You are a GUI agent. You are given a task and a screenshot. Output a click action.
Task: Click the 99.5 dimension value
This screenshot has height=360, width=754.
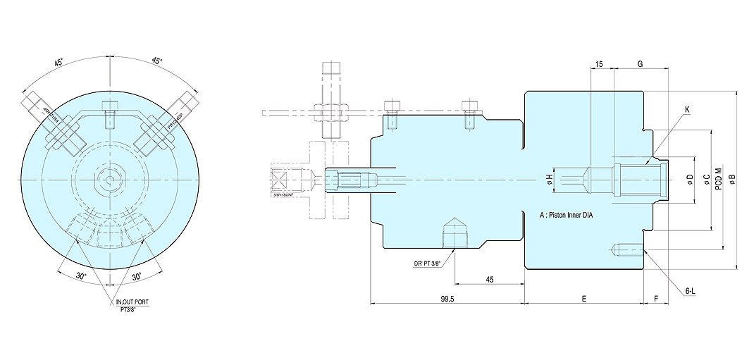tap(447, 299)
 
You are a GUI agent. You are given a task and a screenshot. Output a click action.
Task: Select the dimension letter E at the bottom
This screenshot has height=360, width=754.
tap(583, 299)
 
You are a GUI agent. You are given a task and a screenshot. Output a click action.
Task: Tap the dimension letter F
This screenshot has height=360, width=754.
tap(656, 299)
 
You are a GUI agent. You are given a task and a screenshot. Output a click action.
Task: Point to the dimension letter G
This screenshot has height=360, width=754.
tap(640, 64)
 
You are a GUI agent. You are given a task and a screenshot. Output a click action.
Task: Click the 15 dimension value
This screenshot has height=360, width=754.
tap(599, 64)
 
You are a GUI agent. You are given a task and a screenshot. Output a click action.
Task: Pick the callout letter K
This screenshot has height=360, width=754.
tap(687, 109)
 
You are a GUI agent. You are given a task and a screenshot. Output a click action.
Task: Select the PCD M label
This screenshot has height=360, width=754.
tap(719, 178)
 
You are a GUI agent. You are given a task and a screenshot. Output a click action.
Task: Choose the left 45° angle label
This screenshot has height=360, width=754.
tap(61, 62)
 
